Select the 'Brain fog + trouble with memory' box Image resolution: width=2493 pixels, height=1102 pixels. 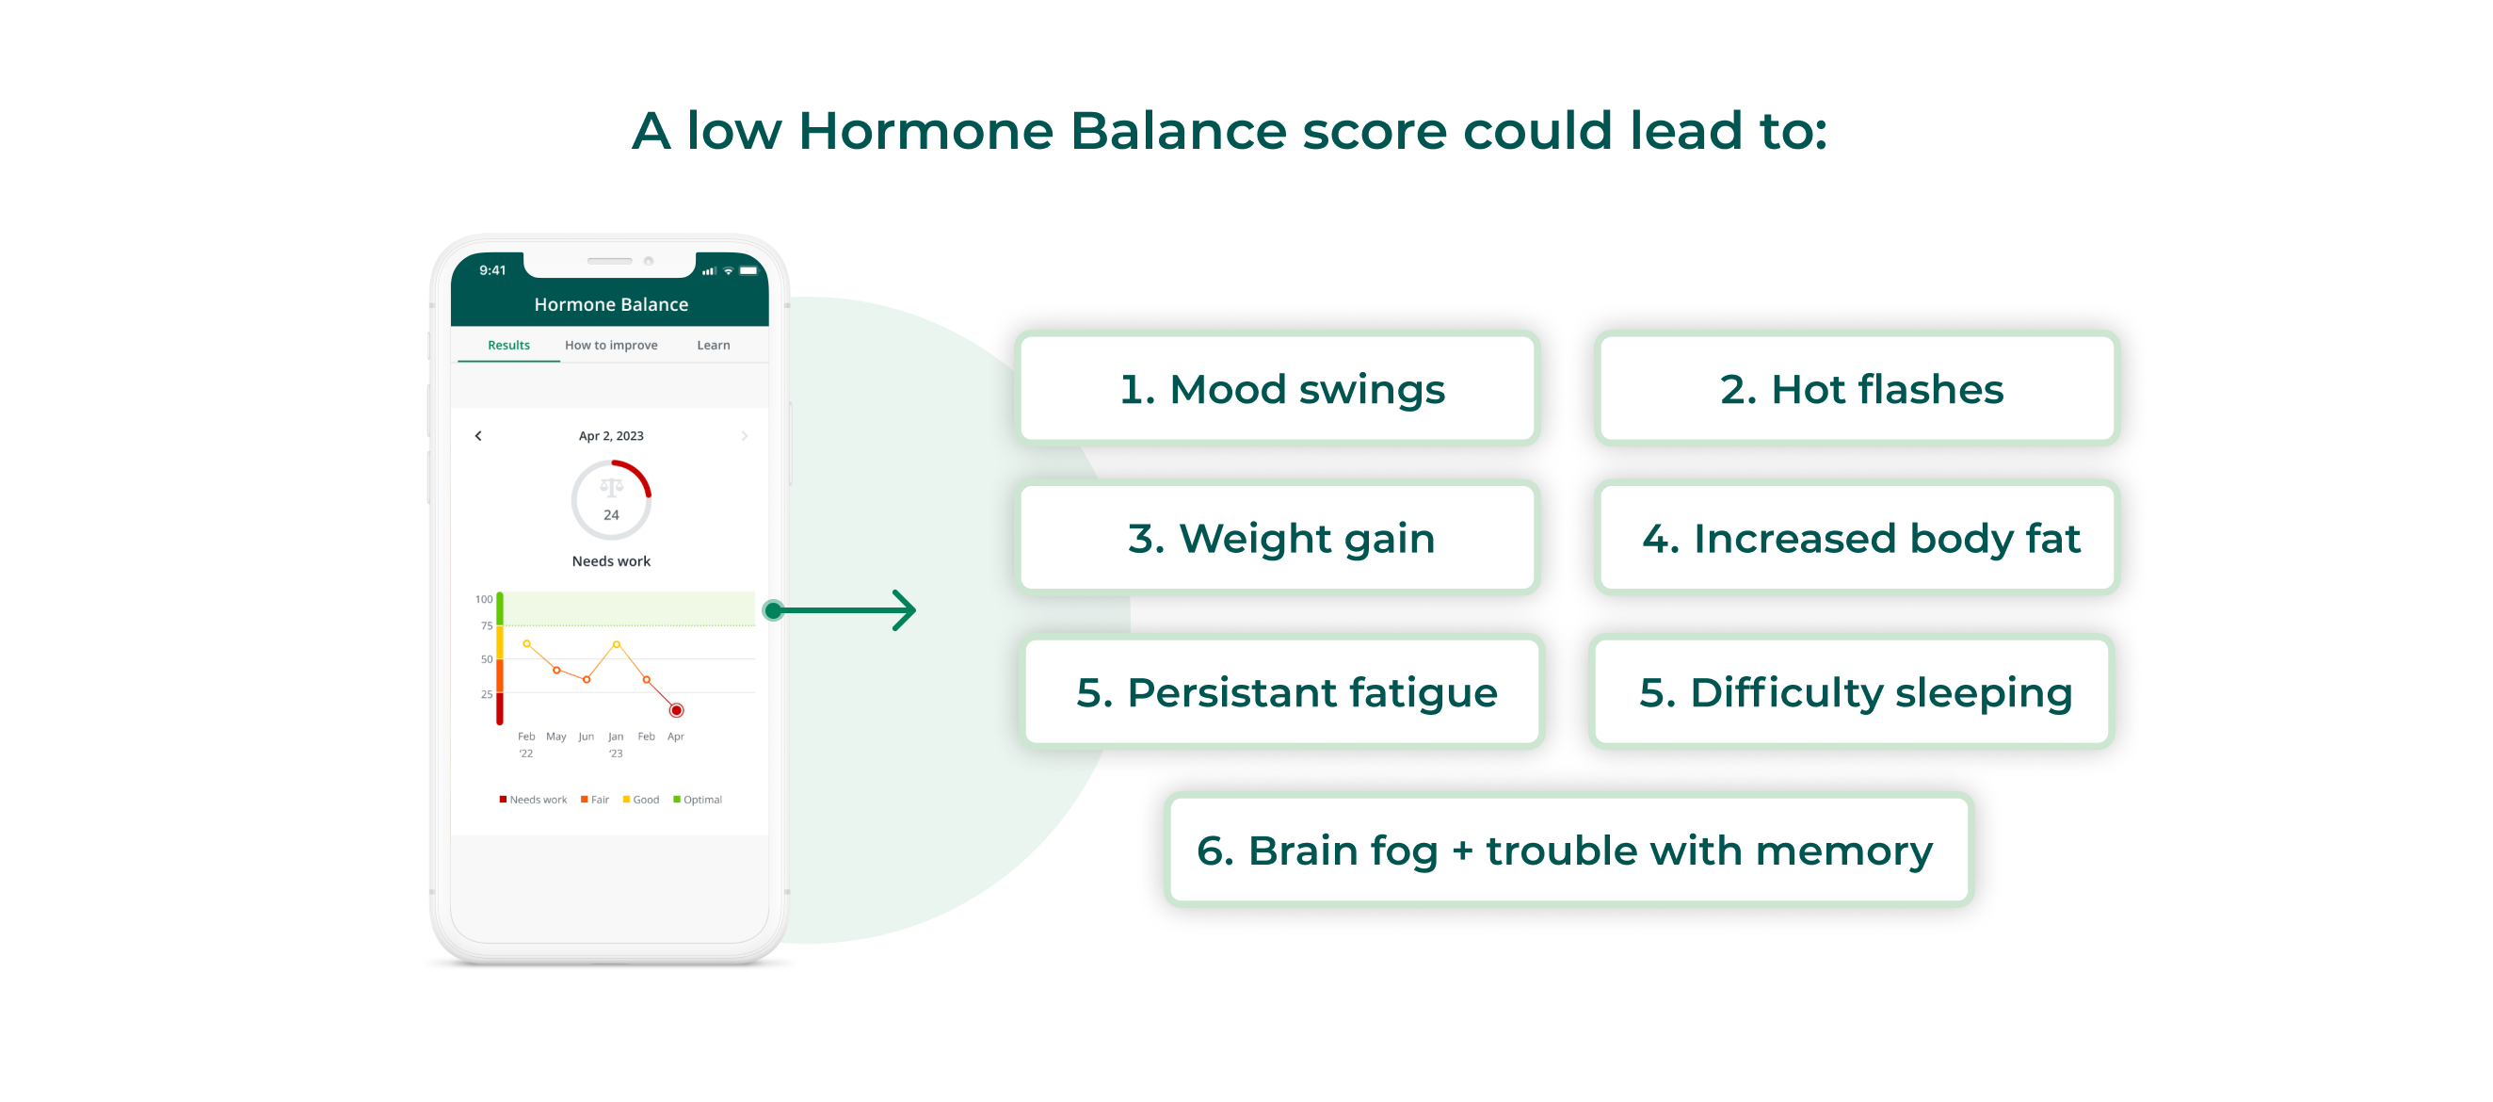click(x=1568, y=851)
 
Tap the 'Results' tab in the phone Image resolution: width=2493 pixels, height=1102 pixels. click(x=508, y=346)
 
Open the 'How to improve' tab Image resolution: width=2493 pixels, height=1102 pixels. click(x=611, y=346)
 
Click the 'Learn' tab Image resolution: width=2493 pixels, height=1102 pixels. click(x=714, y=346)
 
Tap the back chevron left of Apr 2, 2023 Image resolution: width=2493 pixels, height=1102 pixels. click(x=478, y=437)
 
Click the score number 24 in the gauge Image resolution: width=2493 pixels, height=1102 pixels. click(x=611, y=515)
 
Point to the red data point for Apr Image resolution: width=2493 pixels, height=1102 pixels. click(x=677, y=711)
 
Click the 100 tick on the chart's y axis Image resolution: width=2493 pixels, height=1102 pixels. click(x=484, y=599)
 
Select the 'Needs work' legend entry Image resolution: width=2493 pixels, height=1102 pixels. click(x=532, y=800)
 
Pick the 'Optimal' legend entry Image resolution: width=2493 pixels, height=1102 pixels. click(x=698, y=800)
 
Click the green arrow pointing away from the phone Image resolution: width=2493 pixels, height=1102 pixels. click(x=842, y=610)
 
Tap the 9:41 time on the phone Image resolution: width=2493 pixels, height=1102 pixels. click(x=492, y=271)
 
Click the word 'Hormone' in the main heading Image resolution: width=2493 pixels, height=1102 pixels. click(x=925, y=131)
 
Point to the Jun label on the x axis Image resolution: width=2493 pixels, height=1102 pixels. click(x=586, y=737)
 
